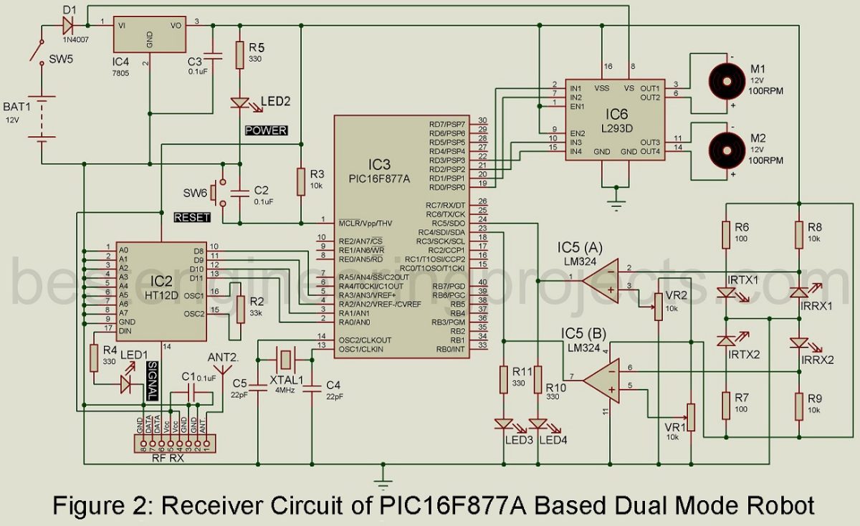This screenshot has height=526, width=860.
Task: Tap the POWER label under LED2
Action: (x=267, y=130)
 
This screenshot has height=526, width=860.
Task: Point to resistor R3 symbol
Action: (x=301, y=181)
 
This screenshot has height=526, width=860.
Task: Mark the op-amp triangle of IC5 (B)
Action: (x=601, y=378)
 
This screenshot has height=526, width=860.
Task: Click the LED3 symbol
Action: (x=505, y=424)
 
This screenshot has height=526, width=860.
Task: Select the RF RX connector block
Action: (x=173, y=444)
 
